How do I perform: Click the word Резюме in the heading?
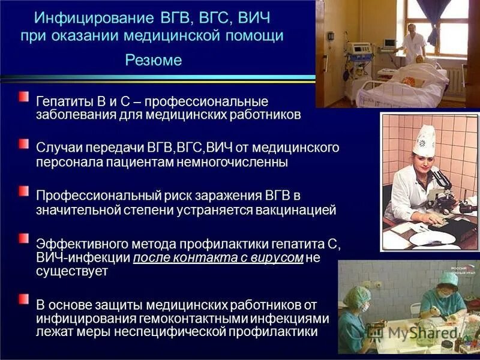tap(154, 61)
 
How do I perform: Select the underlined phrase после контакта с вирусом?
tap(218, 258)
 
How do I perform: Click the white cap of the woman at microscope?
tap(424, 139)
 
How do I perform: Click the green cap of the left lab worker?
tap(358, 295)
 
